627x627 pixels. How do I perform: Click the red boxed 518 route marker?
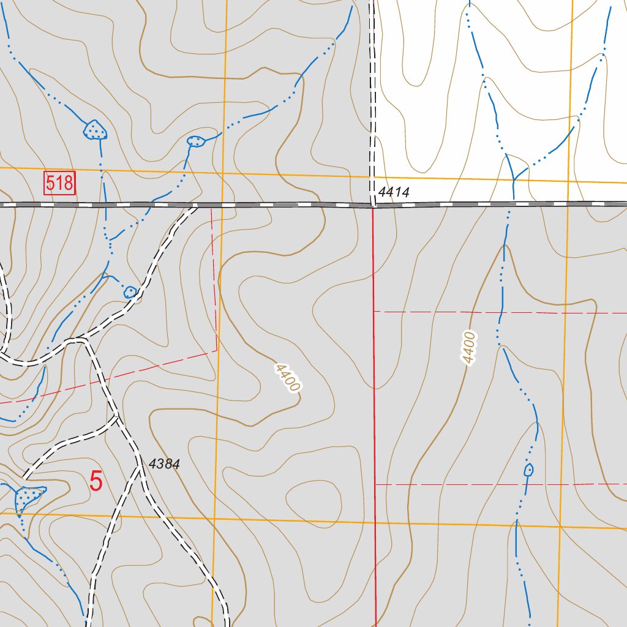60,183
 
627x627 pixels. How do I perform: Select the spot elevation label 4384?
164,464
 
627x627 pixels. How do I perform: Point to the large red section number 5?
96,481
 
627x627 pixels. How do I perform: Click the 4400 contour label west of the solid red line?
287,378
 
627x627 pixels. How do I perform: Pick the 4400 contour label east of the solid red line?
469,348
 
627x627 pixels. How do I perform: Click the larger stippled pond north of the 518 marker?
94,130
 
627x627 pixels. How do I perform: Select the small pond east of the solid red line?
528,470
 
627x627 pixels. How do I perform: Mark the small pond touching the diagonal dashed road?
130,292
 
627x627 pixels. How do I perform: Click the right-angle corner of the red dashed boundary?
217,351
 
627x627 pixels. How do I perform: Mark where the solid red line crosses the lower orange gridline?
375,524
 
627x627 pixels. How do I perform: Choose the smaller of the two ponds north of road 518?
196,141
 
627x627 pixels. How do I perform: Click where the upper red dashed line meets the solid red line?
374,312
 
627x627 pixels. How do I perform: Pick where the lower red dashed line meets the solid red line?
375,484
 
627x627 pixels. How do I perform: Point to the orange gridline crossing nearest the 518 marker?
223,173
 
